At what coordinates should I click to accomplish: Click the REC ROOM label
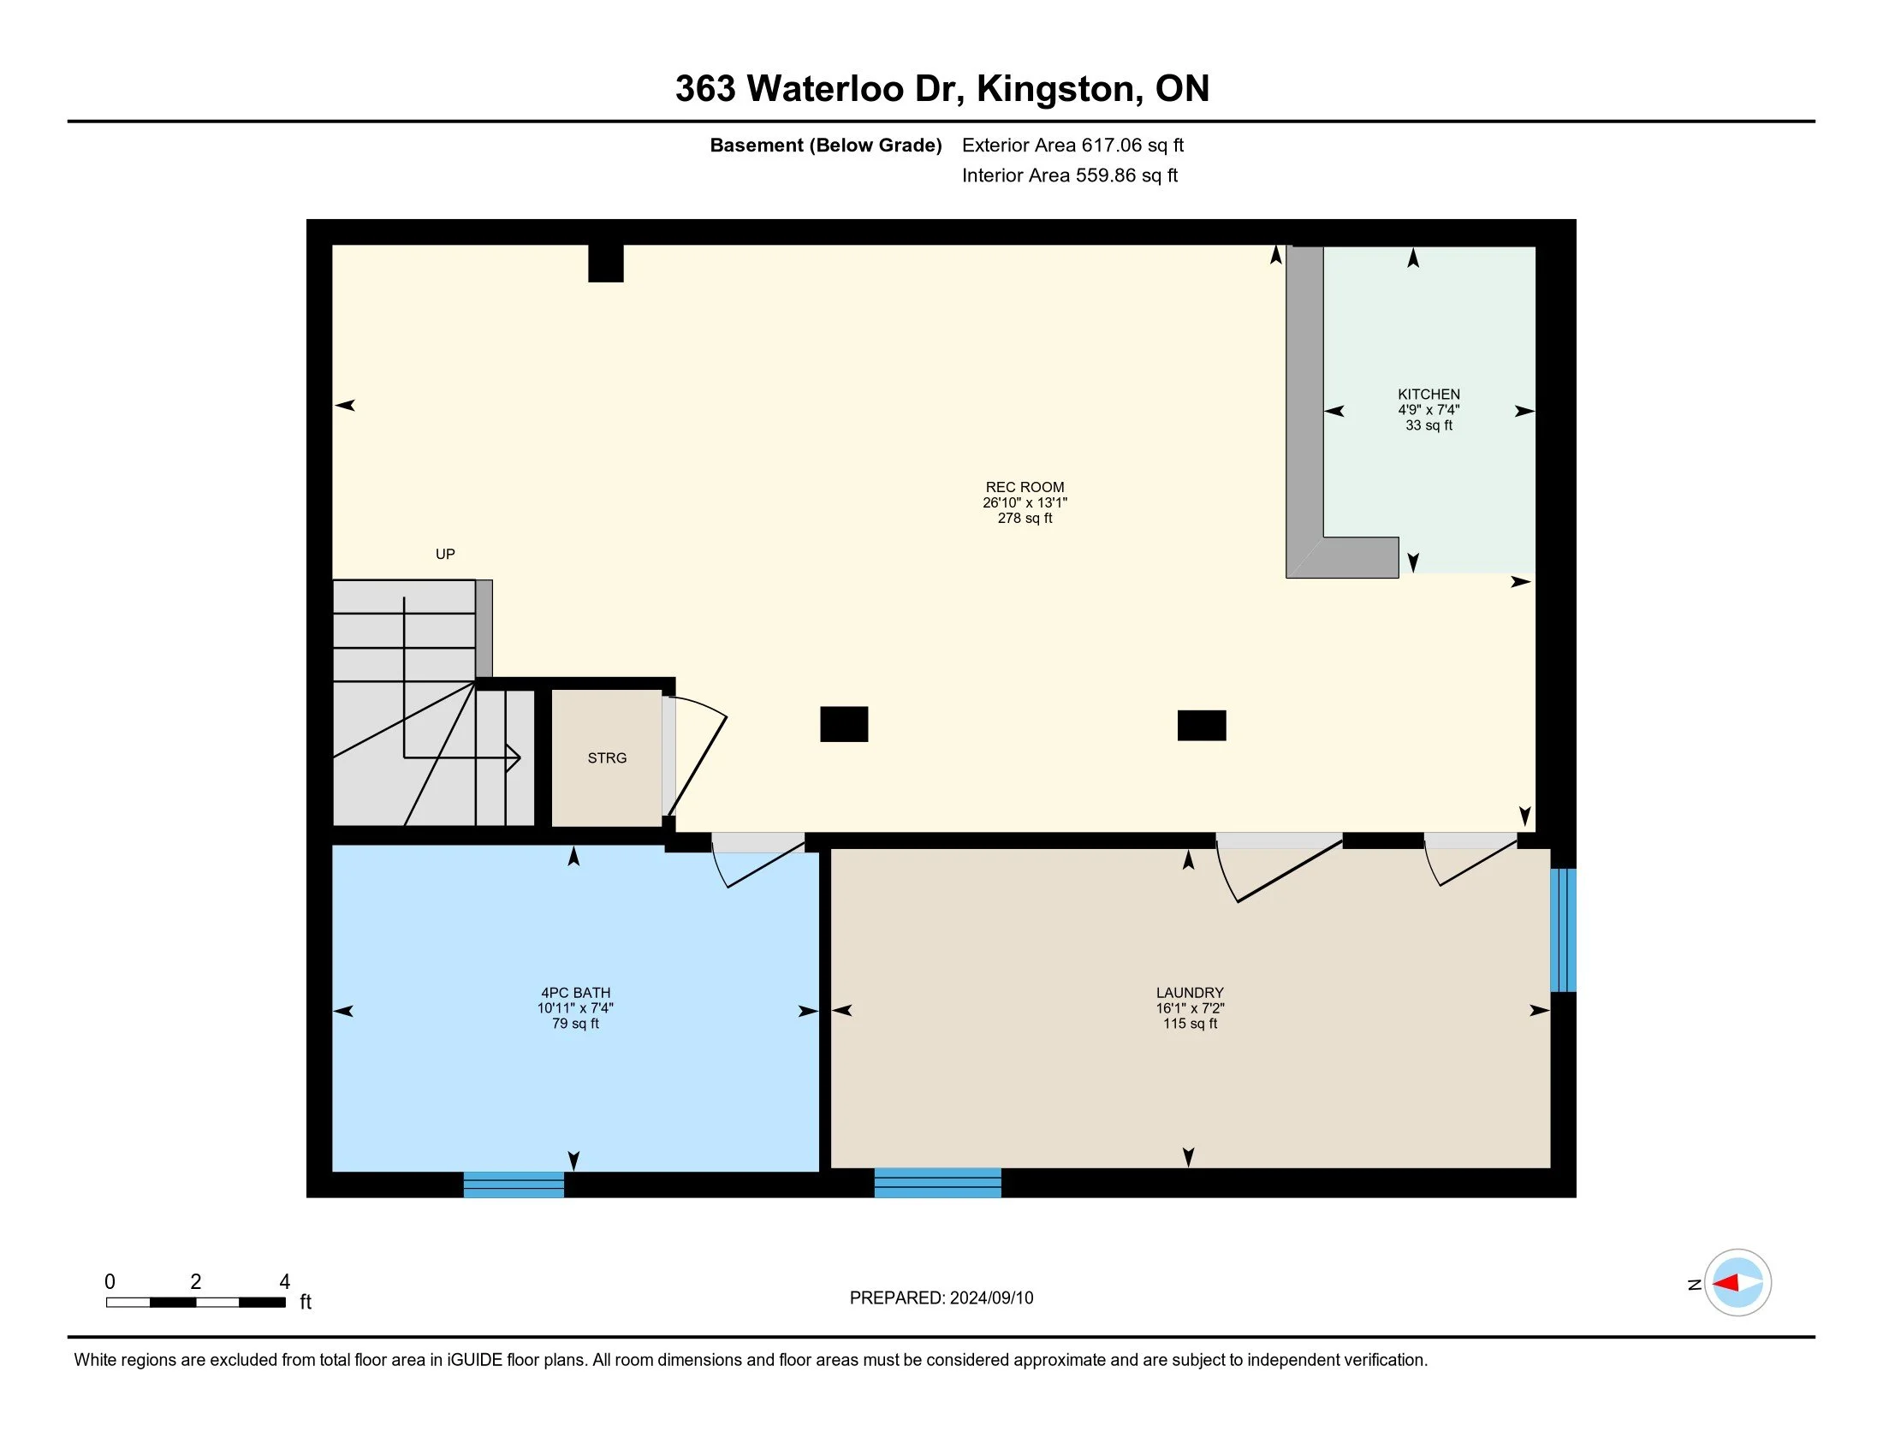click(1025, 487)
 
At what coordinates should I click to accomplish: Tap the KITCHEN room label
click(1429, 395)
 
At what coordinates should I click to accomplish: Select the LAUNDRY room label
click(1190, 993)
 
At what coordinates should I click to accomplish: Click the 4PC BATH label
click(575, 993)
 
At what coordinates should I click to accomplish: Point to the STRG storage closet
click(607, 757)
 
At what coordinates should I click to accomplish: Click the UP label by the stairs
click(445, 555)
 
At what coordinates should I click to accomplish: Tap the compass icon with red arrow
click(1737, 1283)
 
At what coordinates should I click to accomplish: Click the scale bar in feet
click(196, 1302)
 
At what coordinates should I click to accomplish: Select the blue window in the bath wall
click(514, 1185)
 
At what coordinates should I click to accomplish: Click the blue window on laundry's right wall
click(1563, 930)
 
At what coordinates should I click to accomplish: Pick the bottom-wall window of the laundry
click(937, 1183)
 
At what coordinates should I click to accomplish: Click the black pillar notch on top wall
click(605, 263)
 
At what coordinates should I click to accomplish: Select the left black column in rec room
click(843, 724)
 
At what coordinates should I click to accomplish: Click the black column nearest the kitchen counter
click(1201, 725)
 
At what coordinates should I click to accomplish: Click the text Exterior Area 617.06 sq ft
click(1072, 145)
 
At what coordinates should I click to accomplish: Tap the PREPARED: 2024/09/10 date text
click(941, 1298)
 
